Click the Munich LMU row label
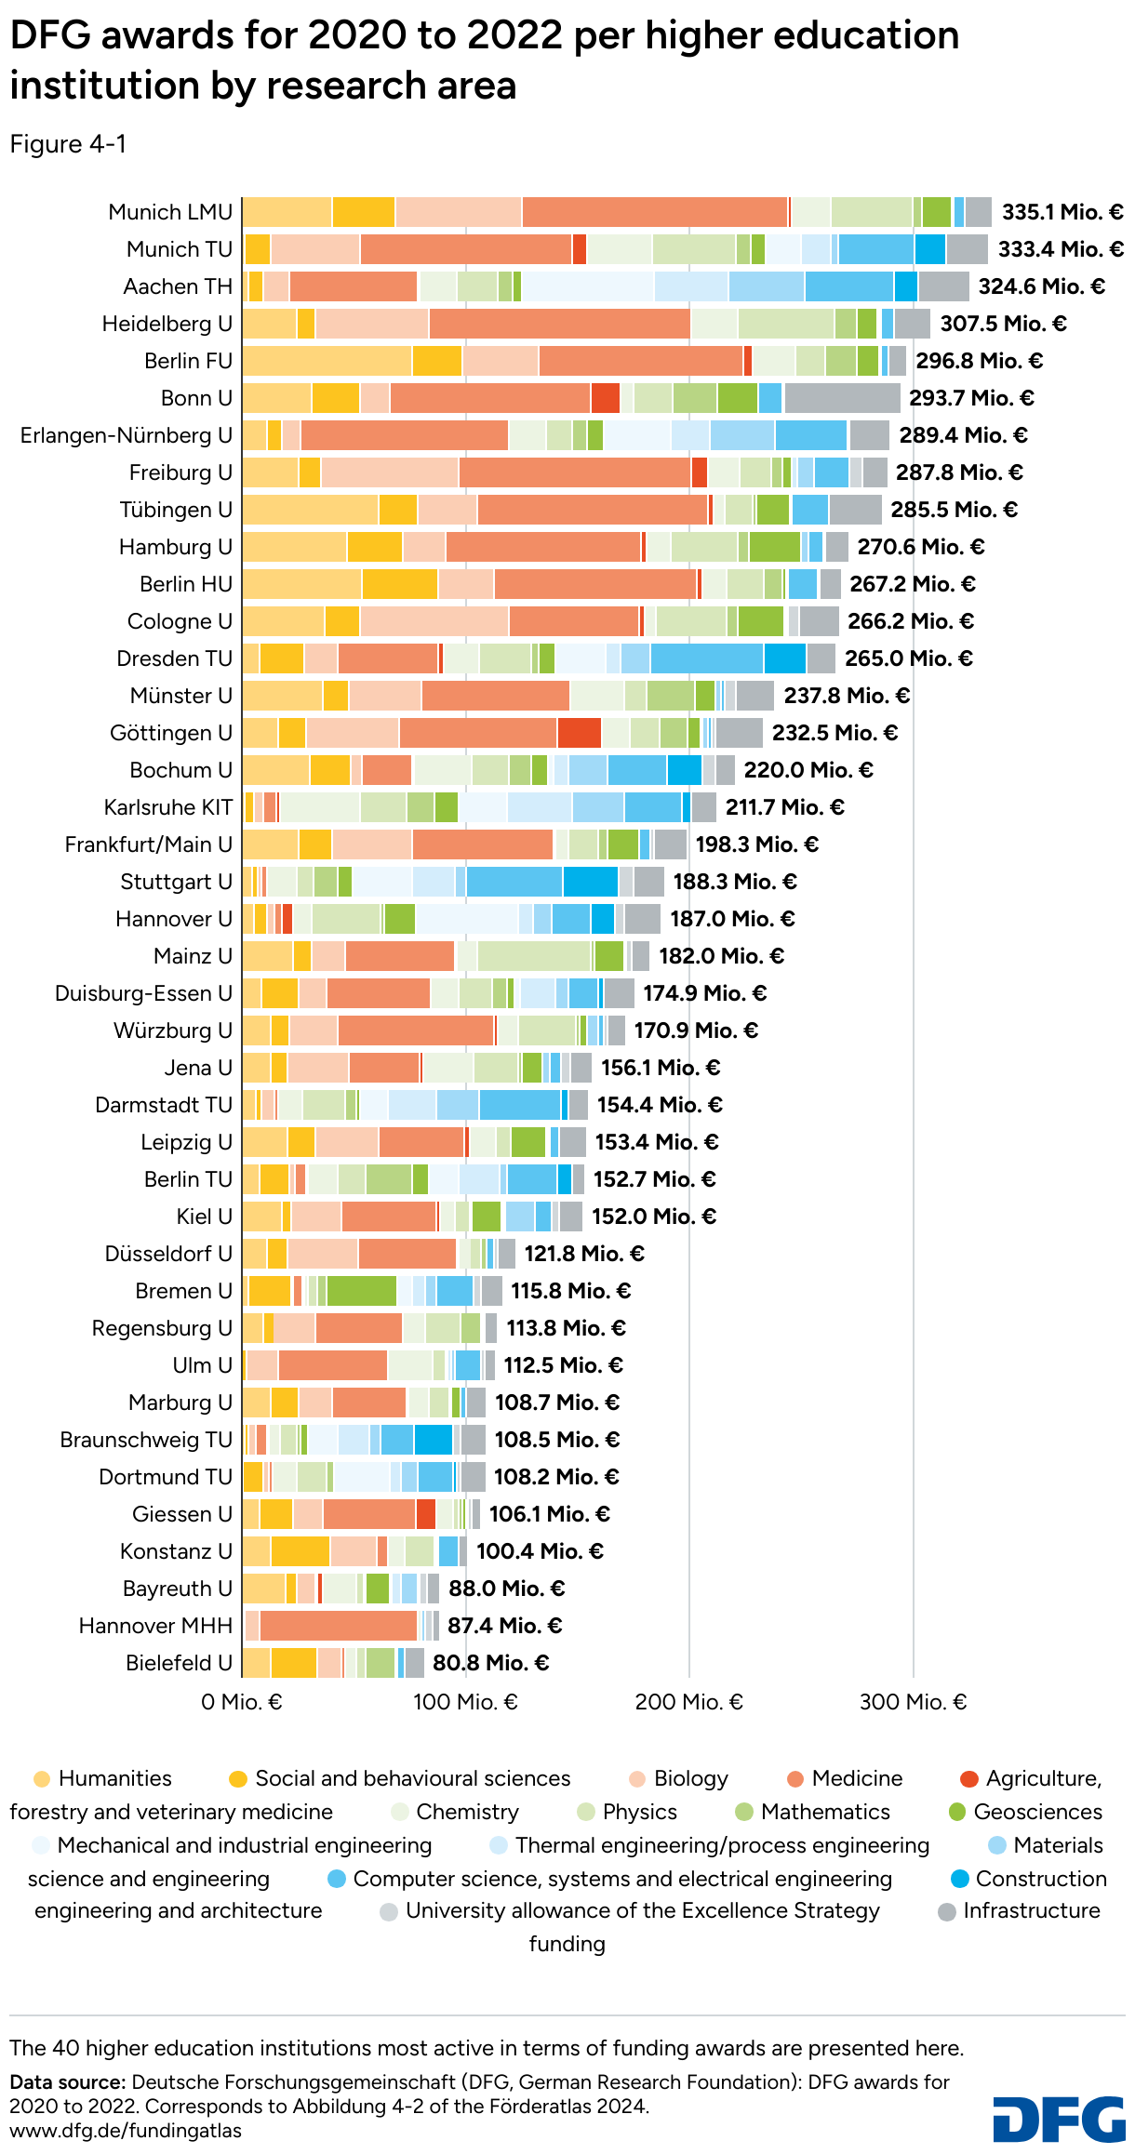[170, 212]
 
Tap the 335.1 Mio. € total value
[1062, 212]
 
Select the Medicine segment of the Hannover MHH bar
[338, 1626]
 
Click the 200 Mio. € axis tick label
[688, 1702]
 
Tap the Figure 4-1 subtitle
[68, 144]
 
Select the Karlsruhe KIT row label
[168, 807]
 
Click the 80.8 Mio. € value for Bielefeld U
[490, 1663]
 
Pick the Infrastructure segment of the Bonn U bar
[842, 398]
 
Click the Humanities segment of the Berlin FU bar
[327, 361]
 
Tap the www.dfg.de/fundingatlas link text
[126, 2131]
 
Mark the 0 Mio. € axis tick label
[242, 1702]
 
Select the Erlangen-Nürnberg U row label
[127, 435]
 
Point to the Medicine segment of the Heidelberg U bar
[559, 324]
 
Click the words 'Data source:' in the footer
[67, 2081]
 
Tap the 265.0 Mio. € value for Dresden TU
[908, 658]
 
